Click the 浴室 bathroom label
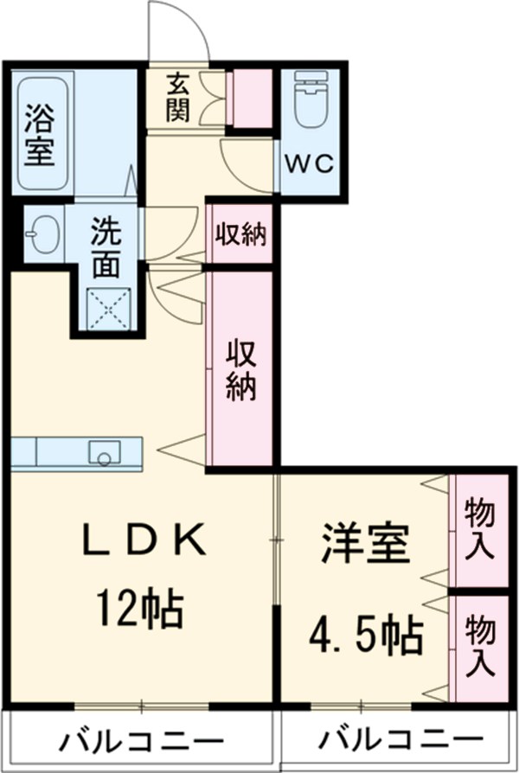pos(39,133)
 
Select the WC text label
pos(311,164)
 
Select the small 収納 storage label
pos(240,234)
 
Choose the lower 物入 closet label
pos(478,646)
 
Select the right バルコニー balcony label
pos(400,742)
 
